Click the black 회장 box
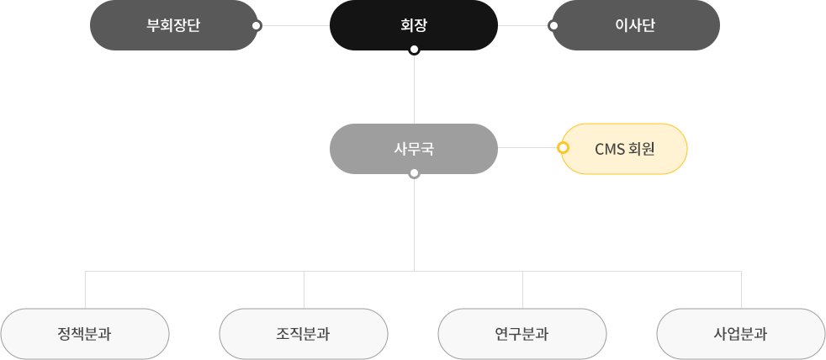(x=413, y=25)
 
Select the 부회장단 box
(x=173, y=25)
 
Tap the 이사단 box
(x=635, y=25)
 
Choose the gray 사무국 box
(x=413, y=149)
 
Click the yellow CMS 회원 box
(x=624, y=149)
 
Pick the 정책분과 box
(x=85, y=334)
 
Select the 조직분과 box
(x=304, y=334)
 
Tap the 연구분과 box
(x=522, y=334)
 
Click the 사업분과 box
(x=740, y=334)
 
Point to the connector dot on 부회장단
(x=257, y=25)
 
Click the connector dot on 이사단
(x=553, y=25)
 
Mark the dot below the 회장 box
(x=413, y=50)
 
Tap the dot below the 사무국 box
(x=413, y=174)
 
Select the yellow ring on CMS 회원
(x=563, y=148)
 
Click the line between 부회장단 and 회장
(x=294, y=25)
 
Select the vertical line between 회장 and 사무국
(x=414, y=88)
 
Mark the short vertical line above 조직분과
(x=304, y=289)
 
